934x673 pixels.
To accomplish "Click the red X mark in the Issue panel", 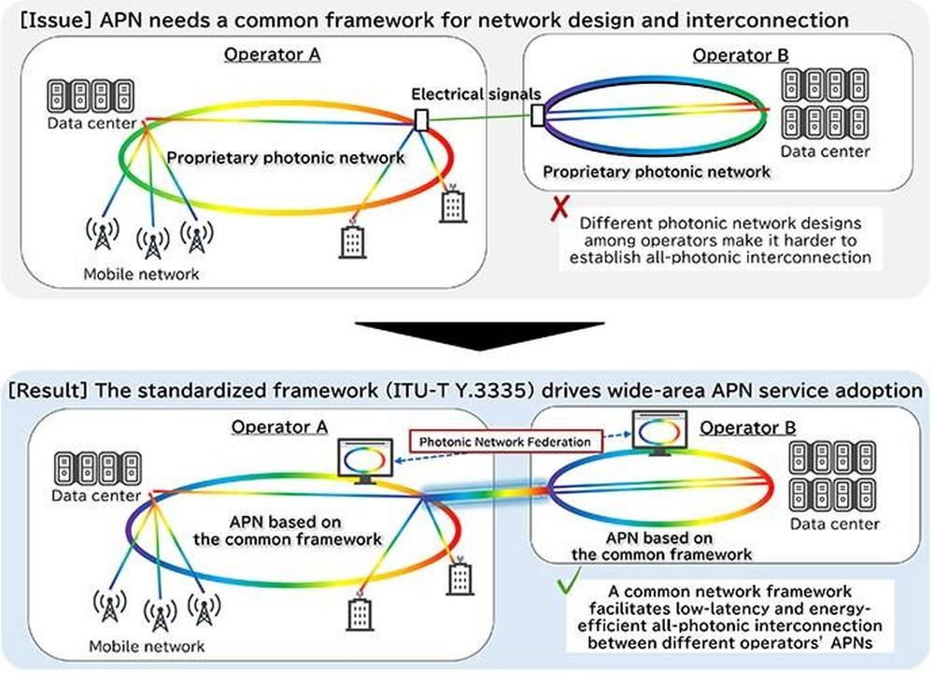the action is (x=559, y=208).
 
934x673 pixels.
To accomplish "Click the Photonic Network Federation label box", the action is (x=505, y=442).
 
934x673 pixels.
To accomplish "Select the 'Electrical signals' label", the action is (x=476, y=93).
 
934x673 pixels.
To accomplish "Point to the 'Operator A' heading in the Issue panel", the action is (x=272, y=55).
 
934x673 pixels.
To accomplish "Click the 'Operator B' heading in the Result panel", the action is (x=747, y=427).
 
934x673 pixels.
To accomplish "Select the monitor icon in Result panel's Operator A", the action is (x=365, y=461).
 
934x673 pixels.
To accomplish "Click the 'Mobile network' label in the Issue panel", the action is (x=141, y=274).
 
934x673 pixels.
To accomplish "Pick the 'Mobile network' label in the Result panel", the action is (x=147, y=646).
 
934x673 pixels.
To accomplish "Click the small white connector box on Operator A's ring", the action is (x=421, y=120).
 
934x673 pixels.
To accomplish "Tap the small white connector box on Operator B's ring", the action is (x=537, y=115).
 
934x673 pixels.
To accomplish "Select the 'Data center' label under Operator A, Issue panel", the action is (x=92, y=123).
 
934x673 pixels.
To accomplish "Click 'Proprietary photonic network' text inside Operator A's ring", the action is (x=285, y=158).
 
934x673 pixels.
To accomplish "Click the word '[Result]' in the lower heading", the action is (x=50, y=391).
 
